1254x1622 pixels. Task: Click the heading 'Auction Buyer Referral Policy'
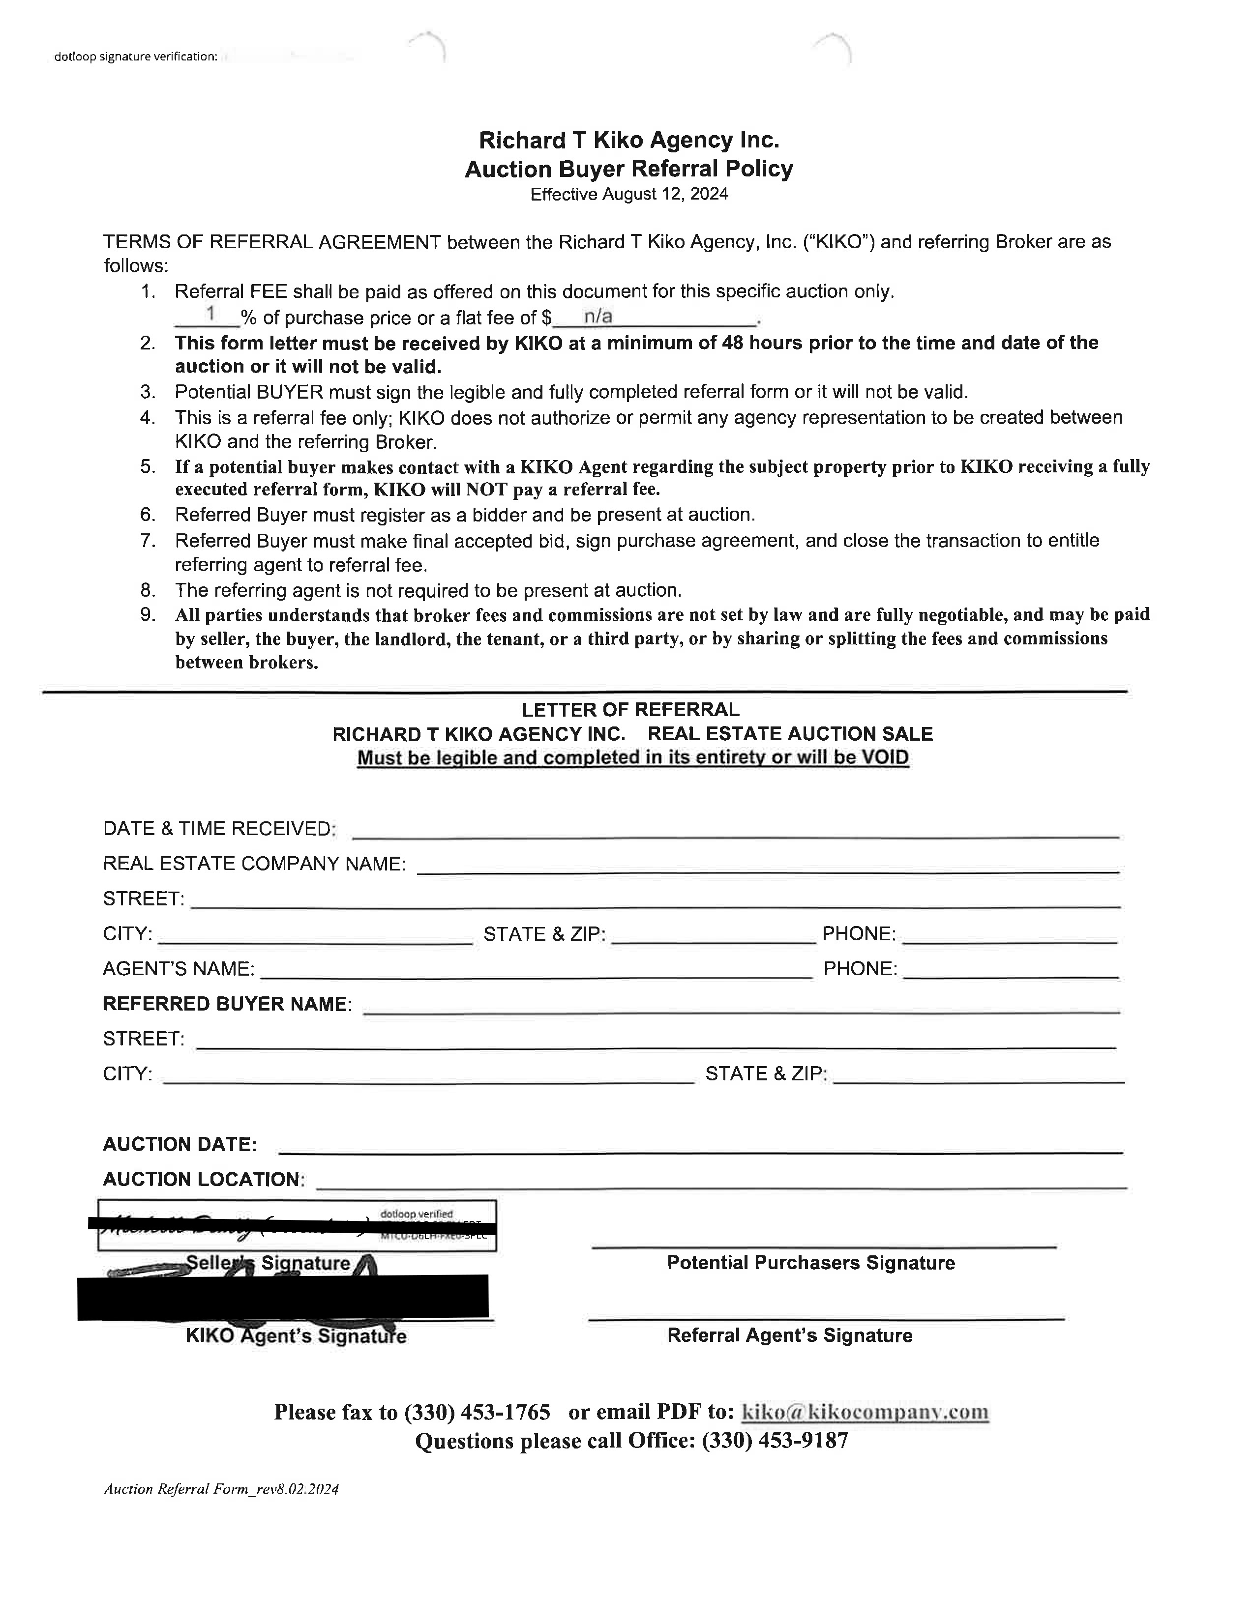coord(628,170)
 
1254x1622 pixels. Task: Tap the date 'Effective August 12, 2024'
coord(628,195)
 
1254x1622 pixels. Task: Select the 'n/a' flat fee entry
coord(597,317)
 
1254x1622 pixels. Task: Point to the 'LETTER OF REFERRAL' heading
coord(630,710)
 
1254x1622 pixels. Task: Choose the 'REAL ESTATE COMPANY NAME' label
coord(254,864)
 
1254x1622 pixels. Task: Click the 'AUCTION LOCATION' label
coord(203,1179)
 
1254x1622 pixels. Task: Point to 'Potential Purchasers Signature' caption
coord(810,1263)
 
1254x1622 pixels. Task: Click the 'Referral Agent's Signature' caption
coord(790,1335)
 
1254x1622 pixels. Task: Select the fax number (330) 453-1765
coord(477,1412)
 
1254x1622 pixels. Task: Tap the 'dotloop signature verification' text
coord(135,57)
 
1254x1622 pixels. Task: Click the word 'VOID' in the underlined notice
coord(884,757)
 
